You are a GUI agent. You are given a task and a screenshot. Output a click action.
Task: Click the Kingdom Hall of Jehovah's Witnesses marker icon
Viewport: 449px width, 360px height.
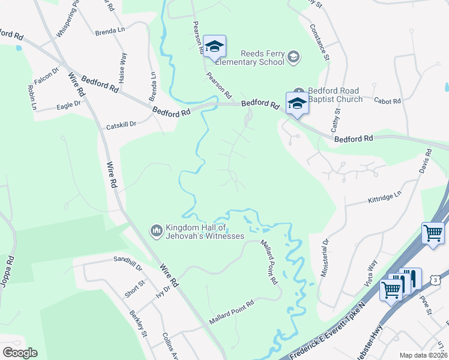(x=156, y=230)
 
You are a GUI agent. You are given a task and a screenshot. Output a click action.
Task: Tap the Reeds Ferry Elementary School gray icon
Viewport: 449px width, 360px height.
(x=293, y=58)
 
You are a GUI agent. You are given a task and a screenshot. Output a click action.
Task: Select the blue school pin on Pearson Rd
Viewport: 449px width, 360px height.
(x=214, y=46)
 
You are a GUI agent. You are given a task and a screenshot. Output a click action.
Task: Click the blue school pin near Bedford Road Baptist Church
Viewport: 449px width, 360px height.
(x=297, y=103)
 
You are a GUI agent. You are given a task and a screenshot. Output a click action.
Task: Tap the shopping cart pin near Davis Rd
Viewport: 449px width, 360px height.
(x=433, y=233)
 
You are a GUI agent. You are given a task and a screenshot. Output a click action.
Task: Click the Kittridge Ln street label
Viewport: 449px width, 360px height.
(x=384, y=196)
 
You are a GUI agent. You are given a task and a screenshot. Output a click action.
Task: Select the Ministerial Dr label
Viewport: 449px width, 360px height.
(x=325, y=249)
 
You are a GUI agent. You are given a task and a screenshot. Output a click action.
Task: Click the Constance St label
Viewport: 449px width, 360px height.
(x=319, y=42)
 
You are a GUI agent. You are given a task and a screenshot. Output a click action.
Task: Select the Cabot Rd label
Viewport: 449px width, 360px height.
(x=387, y=101)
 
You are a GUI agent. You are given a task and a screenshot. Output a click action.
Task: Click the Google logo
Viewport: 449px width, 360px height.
(x=20, y=353)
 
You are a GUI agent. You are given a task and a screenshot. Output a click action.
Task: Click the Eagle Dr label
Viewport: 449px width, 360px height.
(x=68, y=105)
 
